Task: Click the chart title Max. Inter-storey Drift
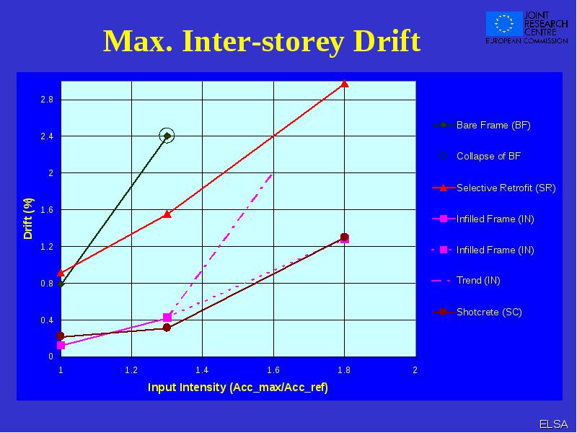(x=262, y=41)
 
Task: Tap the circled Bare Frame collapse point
(x=167, y=136)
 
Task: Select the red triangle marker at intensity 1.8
(x=345, y=84)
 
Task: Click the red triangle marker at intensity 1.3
(x=167, y=214)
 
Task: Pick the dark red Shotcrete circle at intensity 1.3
(x=167, y=328)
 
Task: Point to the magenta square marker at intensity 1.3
(x=167, y=318)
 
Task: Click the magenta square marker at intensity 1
(x=61, y=346)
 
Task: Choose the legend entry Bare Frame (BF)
(x=481, y=125)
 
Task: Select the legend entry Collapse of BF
(x=480, y=156)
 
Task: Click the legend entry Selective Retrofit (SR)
(x=494, y=188)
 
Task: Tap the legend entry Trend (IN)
(x=466, y=281)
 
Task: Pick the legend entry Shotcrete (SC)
(x=477, y=312)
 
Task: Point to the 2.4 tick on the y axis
(x=47, y=136)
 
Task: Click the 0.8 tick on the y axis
(x=47, y=283)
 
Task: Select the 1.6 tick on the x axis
(x=273, y=370)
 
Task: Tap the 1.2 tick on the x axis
(x=131, y=370)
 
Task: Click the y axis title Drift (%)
(x=28, y=219)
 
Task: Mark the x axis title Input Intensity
(x=238, y=388)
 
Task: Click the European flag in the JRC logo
(x=504, y=24)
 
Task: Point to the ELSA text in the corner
(x=554, y=424)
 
